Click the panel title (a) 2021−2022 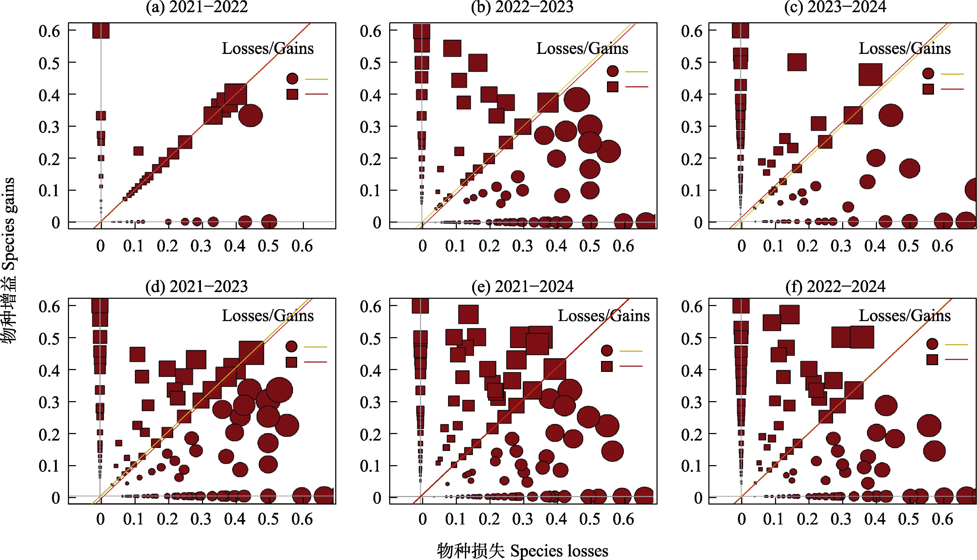[197, 7]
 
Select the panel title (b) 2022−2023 [522, 7]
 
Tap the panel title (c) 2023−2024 [835, 7]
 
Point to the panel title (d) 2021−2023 [197, 287]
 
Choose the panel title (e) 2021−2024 [522, 287]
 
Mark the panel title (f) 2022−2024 [835, 287]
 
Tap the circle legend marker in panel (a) [292, 79]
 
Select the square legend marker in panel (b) [613, 87]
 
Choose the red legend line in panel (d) [316, 362]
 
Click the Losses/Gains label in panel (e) [603, 316]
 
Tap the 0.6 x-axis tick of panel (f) [942, 519]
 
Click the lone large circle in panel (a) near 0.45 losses [250, 115]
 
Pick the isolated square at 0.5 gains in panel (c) [797, 62]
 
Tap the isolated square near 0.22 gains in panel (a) [138, 151]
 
